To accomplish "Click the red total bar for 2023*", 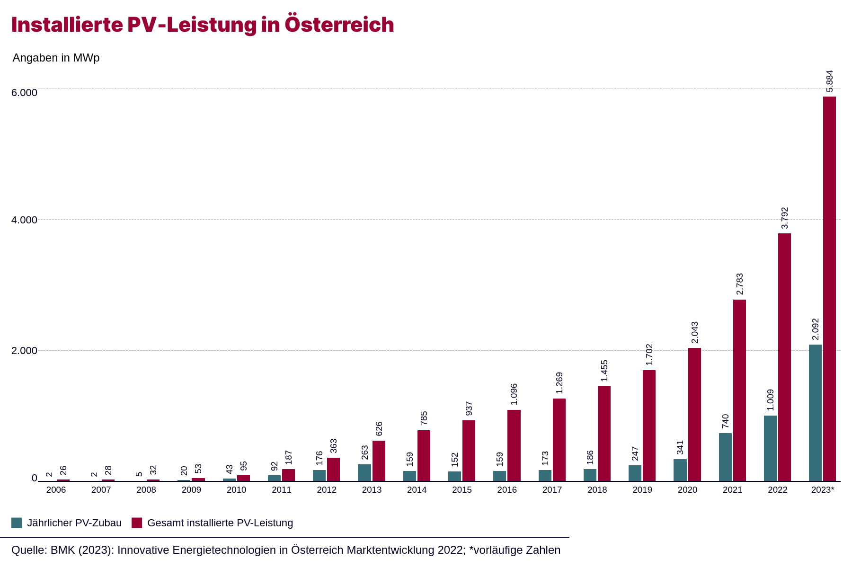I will click(x=829, y=289).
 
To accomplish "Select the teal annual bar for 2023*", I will click(x=815, y=413).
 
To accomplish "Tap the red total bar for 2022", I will click(x=784, y=357).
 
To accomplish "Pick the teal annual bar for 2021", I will click(x=725, y=457).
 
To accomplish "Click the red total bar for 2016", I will click(x=514, y=445).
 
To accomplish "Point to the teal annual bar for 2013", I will click(x=364, y=472).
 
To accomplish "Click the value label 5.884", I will click(x=829, y=81).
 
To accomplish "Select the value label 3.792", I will click(x=784, y=218).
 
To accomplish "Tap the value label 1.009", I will click(x=770, y=400).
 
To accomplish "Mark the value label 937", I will click(x=469, y=408).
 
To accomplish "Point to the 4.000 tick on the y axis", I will click(x=24, y=220).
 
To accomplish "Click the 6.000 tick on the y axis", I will click(x=24, y=93).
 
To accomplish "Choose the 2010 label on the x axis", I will click(x=236, y=490).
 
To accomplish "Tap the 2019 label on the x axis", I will click(x=642, y=490).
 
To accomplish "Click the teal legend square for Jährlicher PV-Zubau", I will click(x=17, y=523).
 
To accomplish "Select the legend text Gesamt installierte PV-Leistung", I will click(x=220, y=523).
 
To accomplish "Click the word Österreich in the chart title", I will click(x=339, y=25).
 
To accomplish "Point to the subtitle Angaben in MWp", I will click(x=56, y=58).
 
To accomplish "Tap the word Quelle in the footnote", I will click(x=28, y=550).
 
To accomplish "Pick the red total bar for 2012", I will click(x=333, y=469).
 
